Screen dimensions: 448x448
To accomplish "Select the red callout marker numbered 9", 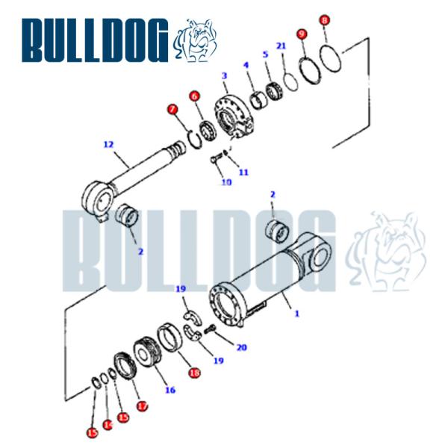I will pyautogui.click(x=302, y=34).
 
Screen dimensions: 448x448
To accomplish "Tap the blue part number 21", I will pyautogui.click(x=281, y=46).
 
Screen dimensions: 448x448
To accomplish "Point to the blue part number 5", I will pyautogui.click(x=246, y=65).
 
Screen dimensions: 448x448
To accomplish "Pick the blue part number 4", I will pyautogui.click(x=264, y=55).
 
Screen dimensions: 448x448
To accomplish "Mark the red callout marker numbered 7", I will pyautogui.click(x=173, y=110).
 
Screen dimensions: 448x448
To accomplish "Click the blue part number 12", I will pyautogui.click(x=108, y=144).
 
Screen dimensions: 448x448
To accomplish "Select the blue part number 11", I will pyautogui.click(x=243, y=172).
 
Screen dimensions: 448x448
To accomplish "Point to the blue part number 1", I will pyautogui.click(x=296, y=314).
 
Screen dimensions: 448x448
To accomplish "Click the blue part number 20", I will pyautogui.click(x=240, y=347).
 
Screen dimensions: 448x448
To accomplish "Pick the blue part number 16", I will pyautogui.click(x=169, y=390).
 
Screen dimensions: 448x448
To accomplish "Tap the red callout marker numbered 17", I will pyautogui.click(x=142, y=406).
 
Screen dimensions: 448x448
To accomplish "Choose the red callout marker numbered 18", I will pyautogui.click(x=194, y=373).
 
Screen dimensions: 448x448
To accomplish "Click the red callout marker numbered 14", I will pyautogui.click(x=108, y=424).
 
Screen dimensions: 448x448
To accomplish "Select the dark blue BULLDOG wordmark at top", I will pyautogui.click(x=95, y=40).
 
